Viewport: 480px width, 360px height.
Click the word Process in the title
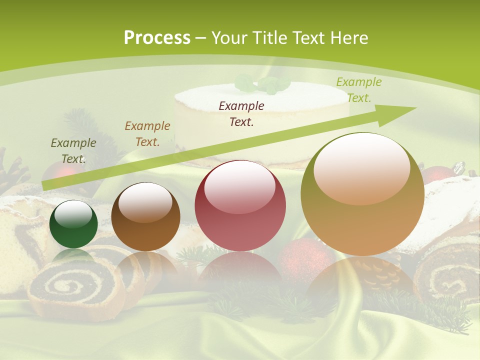157,38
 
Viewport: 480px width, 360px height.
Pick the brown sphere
145,217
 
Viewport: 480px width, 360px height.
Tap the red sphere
240,206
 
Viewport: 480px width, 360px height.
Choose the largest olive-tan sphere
362,195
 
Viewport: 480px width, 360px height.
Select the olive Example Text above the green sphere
73,151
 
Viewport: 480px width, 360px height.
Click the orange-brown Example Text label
147,134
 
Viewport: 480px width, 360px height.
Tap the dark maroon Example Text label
241,113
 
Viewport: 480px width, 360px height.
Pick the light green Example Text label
358,90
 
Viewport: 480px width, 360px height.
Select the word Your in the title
229,38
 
